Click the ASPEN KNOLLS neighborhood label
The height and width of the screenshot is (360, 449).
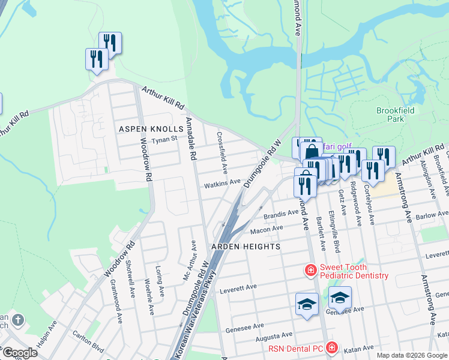tap(150, 129)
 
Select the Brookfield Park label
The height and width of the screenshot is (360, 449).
tap(390, 115)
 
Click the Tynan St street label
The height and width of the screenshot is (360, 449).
tap(164, 140)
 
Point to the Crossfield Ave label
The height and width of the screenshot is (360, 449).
tap(222, 148)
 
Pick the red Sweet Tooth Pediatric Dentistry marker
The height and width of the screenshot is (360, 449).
tap(310, 271)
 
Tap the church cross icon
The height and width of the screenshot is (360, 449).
tap(17, 320)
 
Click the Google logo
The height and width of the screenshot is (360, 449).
tap(19, 353)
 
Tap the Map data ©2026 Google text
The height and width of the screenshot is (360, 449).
tap(411, 355)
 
